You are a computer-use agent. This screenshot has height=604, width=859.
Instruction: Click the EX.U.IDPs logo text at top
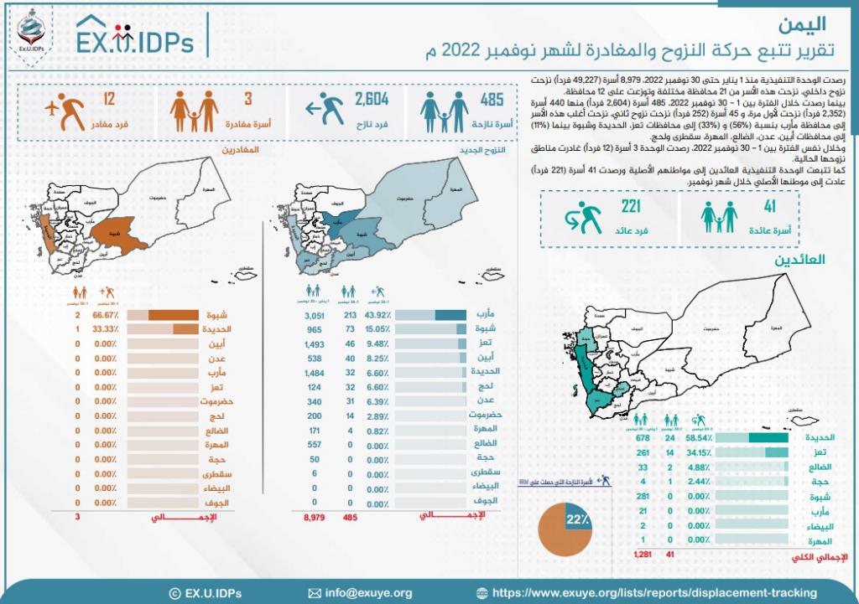click(x=134, y=40)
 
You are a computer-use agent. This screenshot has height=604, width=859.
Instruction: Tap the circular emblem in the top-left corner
click(x=27, y=31)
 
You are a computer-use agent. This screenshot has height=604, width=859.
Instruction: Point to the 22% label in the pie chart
click(x=576, y=521)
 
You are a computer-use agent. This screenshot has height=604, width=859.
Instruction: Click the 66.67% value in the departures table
click(x=105, y=315)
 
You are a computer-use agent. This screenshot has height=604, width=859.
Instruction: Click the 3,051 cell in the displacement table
click(x=313, y=314)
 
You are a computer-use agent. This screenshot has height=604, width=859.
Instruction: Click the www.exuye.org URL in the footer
click(x=654, y=592)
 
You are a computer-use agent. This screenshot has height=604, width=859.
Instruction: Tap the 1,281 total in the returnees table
click(x=643, y=554)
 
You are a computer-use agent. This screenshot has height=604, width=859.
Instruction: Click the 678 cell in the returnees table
click(x=644, y=437)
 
